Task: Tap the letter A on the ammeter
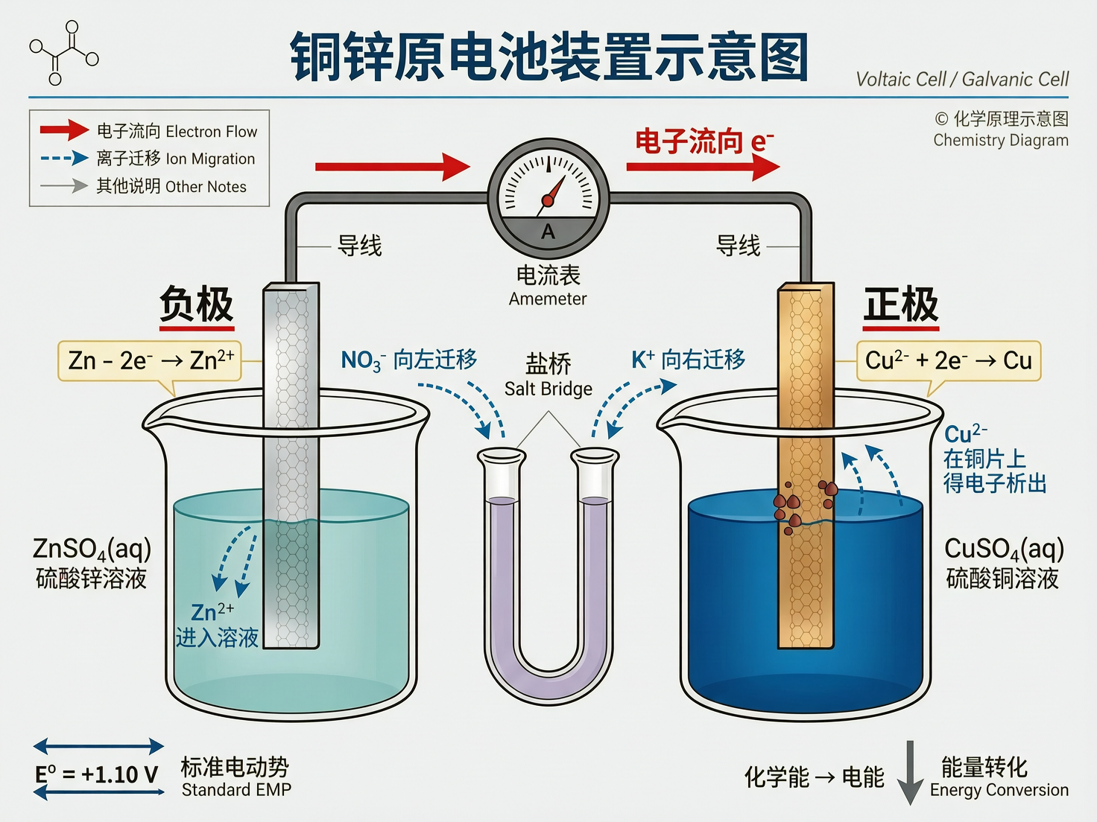(x=548, y=232)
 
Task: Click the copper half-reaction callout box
(x=948, y=360)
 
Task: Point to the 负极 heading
(x=197, y=305)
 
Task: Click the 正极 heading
(x=901, y=305)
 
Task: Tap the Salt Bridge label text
(x=548, y=389)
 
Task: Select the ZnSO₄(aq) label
(x=92, y=549)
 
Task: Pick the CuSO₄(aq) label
(x=1004, y=549)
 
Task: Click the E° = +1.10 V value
(x=97, y=774)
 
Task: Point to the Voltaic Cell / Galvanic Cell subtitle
(x=962, y=79)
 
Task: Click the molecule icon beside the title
(x=64, y=53)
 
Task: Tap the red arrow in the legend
(x=64, y=130)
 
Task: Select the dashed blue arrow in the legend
(x=64, y=158)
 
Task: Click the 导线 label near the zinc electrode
(x=360, y=245)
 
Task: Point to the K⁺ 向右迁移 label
(x=688, y=360)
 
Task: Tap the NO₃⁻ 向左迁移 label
(x=409, y=360)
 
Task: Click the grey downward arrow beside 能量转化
(x=910, y=772)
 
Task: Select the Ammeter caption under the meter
(x=548, y=299)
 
